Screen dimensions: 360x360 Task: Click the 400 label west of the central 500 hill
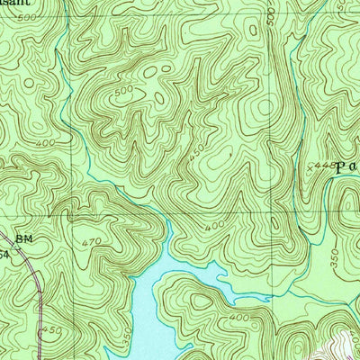[x=45, y=143]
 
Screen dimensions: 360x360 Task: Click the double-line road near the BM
[x=34, y=270]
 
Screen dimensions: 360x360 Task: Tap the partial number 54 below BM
[x=4, y=256]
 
